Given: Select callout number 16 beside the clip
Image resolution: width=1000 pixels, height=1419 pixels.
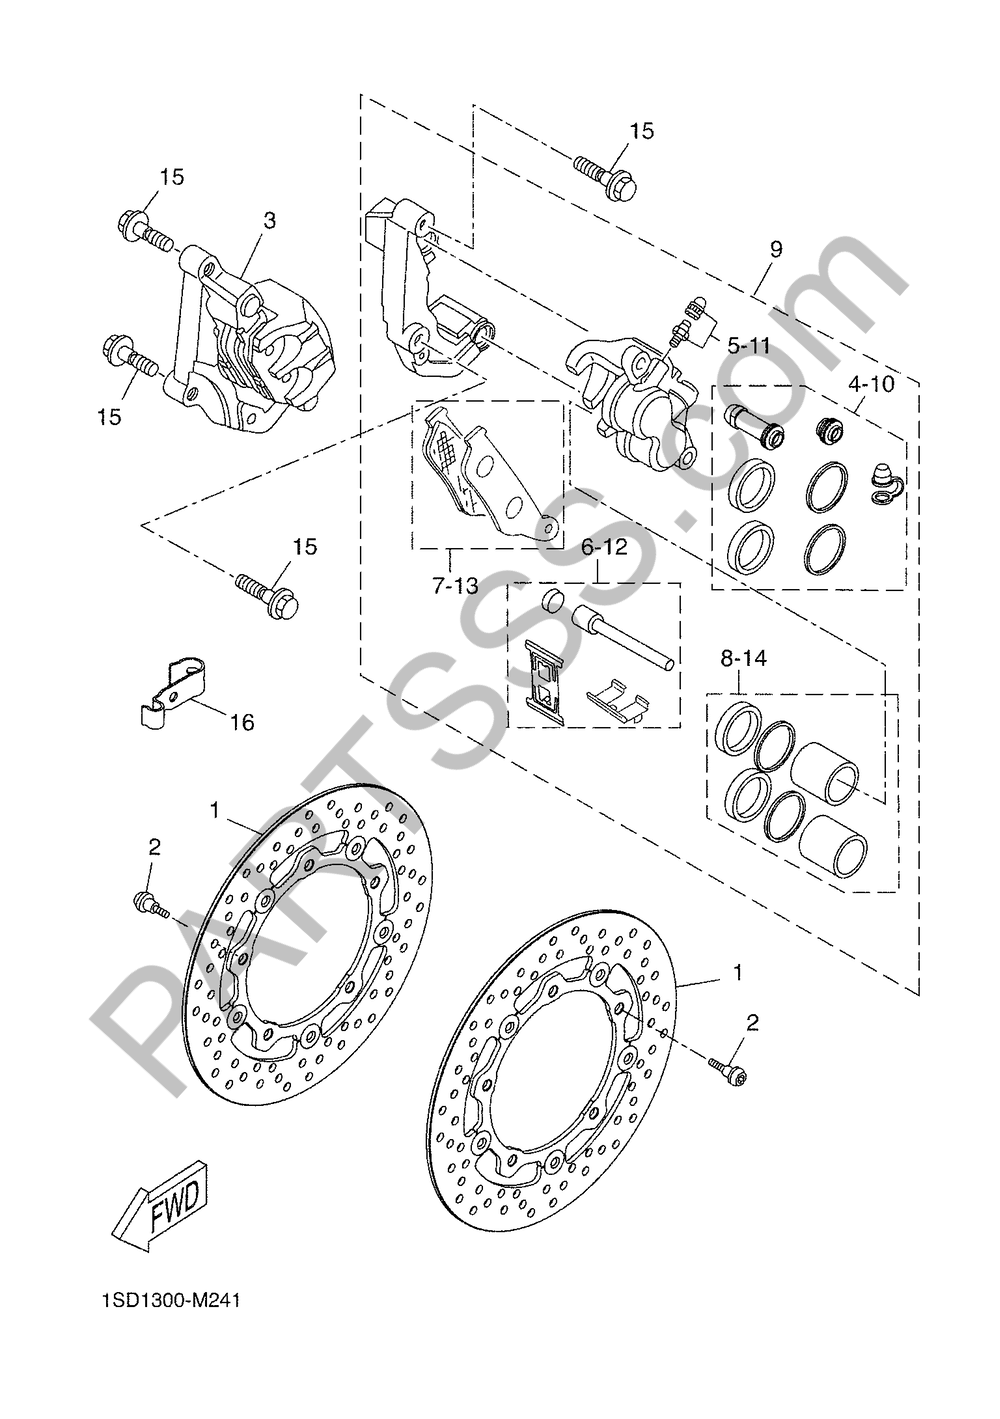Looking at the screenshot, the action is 242,722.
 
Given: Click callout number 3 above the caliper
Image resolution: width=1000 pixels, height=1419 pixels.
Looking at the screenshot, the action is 270,221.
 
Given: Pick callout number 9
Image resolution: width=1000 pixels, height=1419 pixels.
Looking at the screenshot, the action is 776,249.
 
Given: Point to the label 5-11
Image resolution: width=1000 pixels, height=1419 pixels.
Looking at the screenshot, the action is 749,345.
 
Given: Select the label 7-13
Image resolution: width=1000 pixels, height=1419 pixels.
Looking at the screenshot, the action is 455,585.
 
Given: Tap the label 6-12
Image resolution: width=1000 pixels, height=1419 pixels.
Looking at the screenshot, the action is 604,546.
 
